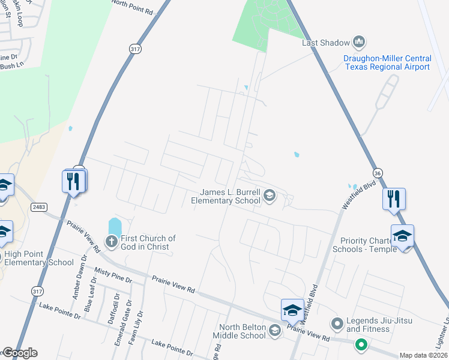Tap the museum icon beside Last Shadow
pyautogui.click(x=360, y=42)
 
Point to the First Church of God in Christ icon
pyautogui.click(x=111, y=242)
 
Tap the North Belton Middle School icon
pyautogui.click(x=275, y=330)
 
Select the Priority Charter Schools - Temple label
pyautogui.click(x=364, y=245)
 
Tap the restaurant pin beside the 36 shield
pyautogui.click(x=394, y=198)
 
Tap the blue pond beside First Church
pyautogui.click(x=115, y=227)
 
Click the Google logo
pyautogui.click(x=20, y=353)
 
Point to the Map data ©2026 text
pyautogui.click(x=423, y=355)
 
